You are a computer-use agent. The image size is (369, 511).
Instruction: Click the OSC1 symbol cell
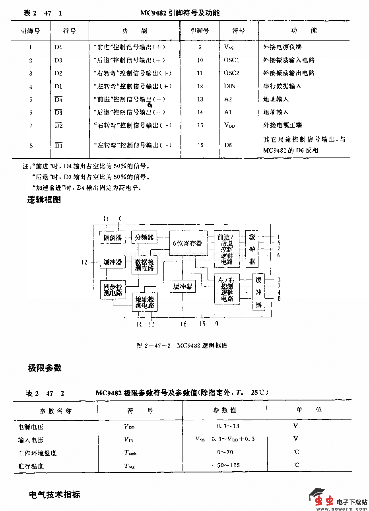pyautogui.click(x=231, y=60)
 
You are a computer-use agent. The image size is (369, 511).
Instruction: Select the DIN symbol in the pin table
pyautogui.click(x=229, y=86)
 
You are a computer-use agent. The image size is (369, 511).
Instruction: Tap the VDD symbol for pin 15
pyautogui.click(x=229, y=125)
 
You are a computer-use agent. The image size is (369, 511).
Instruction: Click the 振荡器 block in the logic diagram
pyautogui.click(x=112, y=238)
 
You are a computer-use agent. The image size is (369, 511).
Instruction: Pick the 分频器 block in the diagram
pyautogui.click(x=144, y=237)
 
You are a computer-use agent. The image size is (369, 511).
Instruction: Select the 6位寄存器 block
pyautogui.click(x=188, y=243)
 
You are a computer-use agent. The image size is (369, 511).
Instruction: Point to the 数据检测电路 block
pyautogui.click(x=144, y=265)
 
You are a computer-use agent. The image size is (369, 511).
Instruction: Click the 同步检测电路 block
pyautogui.click(x=113, y=290)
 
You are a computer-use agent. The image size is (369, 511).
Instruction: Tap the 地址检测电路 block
pyautogui.click(x=145, y=302)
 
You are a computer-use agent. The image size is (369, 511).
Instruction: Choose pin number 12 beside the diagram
pyautogui.click(x=84, y=262)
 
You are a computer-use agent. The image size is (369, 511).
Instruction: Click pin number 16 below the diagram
pyautogui.click(x=183, y=324)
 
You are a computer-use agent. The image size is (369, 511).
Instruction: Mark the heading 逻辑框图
pyautogui.click(x=44, y=200)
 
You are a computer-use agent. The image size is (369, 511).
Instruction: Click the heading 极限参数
pyautogui.click(x=45, y=368)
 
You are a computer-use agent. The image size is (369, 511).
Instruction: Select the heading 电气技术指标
pyautogui.click(x=54, y=495)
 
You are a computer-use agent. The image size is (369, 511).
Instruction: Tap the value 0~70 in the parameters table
pyautogui.click(x=225, y=452)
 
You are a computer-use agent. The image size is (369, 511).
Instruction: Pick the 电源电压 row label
pyautogui.click(x=31, y=427)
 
